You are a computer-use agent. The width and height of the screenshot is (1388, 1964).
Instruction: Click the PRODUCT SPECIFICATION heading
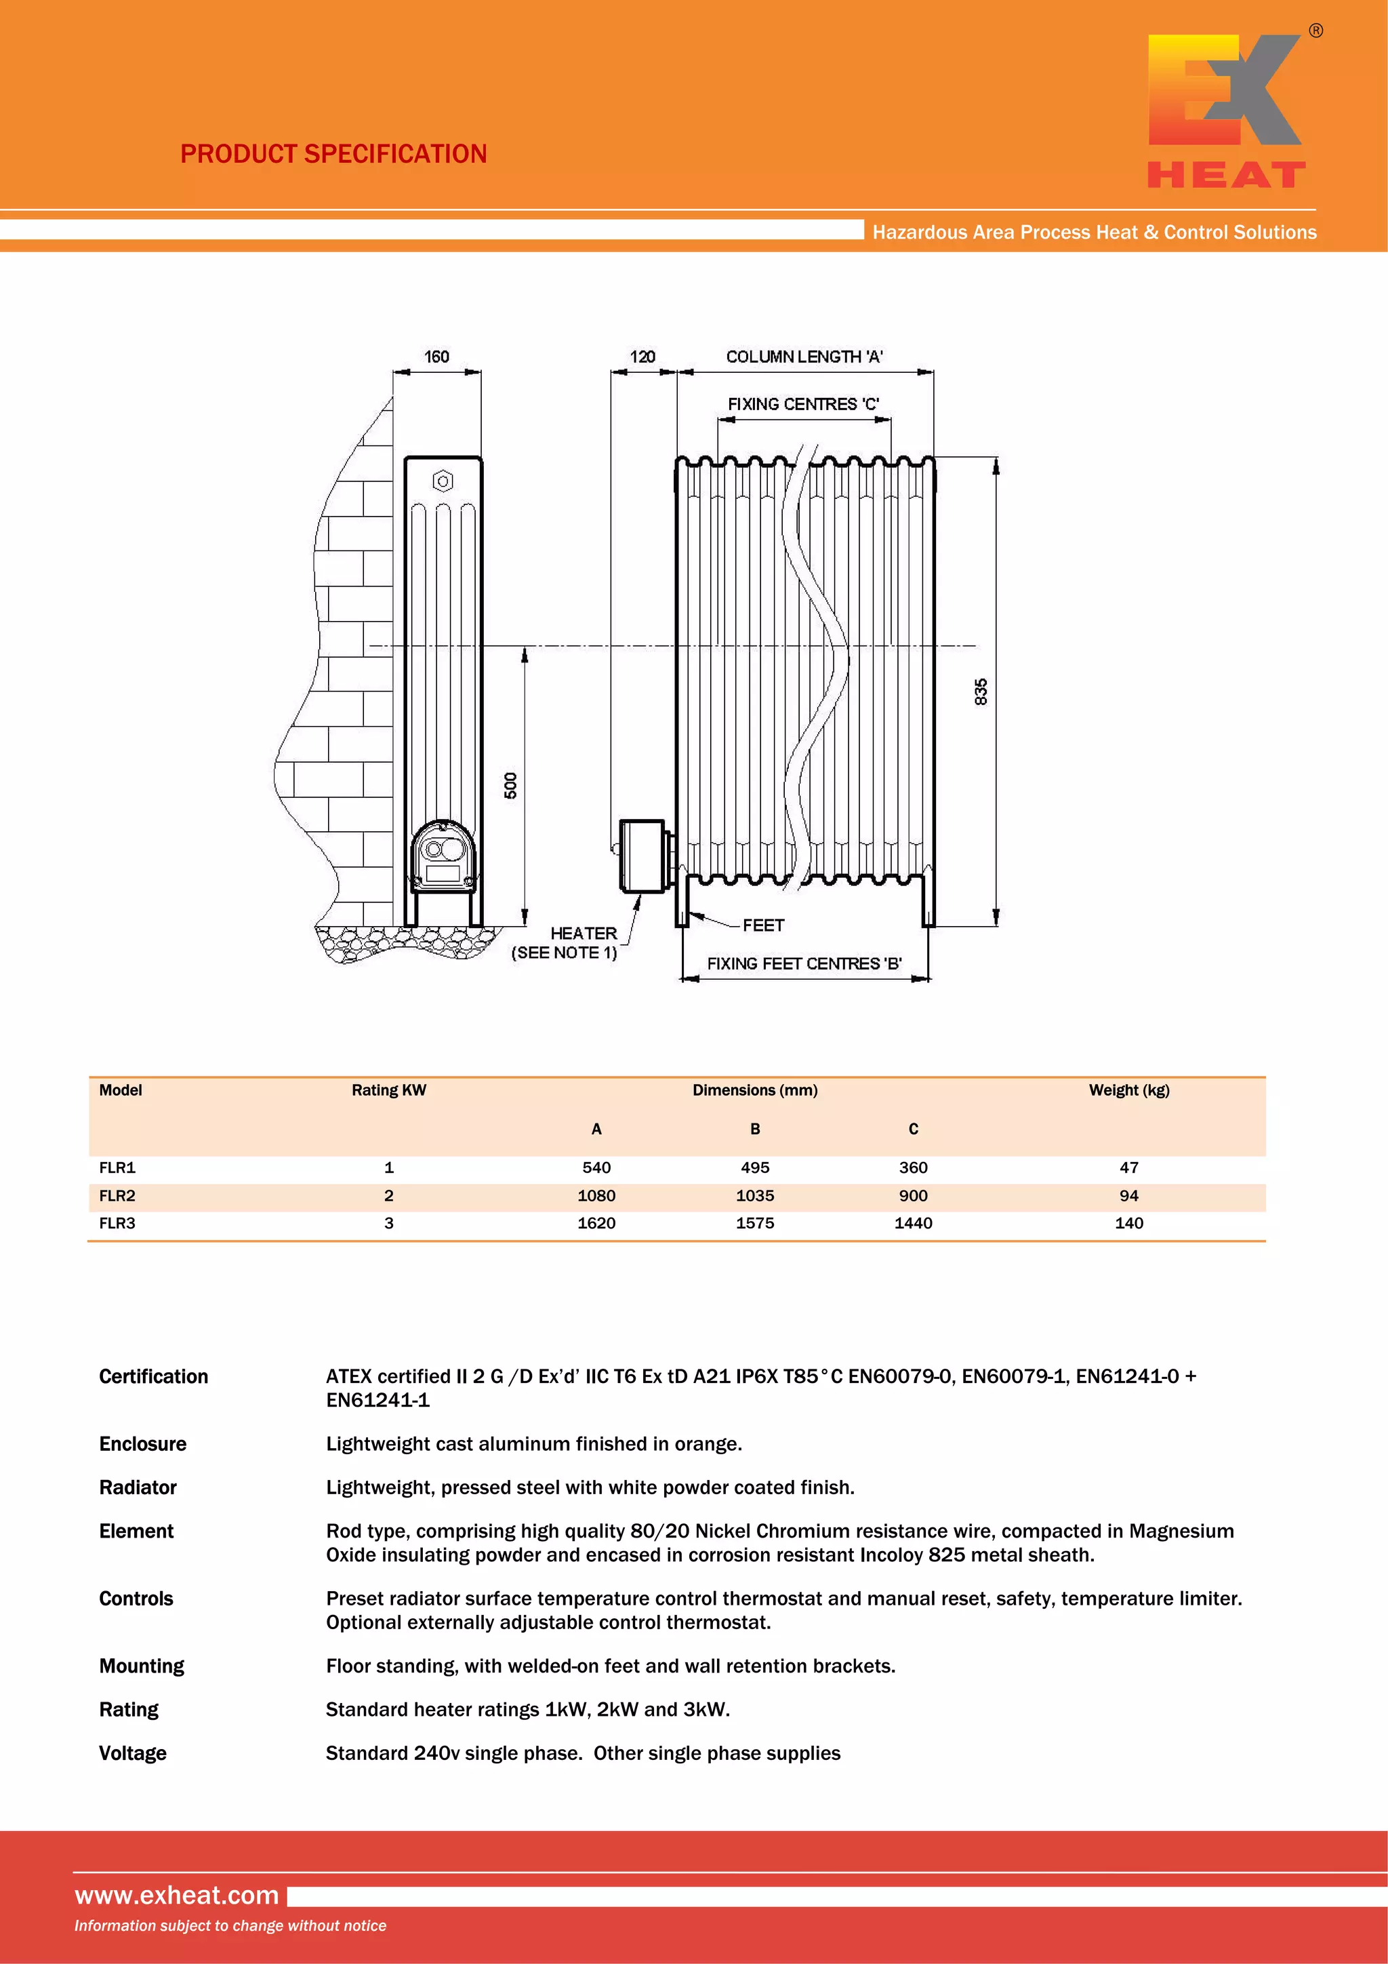[333, 154]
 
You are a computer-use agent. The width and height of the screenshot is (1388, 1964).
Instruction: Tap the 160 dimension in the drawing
[436, 357]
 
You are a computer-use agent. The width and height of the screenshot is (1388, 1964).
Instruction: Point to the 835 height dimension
[981, 692]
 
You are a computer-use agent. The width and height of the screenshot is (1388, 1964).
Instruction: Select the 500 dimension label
[510, 785]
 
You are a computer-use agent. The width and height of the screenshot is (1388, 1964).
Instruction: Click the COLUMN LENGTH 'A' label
[804, 357]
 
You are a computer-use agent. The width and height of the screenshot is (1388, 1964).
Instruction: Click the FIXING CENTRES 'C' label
[803, 404]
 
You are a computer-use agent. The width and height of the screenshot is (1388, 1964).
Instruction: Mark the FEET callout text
[763, 925]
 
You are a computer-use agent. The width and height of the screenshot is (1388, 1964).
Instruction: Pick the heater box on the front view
[641, 856]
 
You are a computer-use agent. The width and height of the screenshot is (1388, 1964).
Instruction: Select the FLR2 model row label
[117, 1196]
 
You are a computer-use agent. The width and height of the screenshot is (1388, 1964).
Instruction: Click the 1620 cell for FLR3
[596, 1223]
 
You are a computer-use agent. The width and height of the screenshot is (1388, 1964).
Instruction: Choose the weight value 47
[1129, 1167]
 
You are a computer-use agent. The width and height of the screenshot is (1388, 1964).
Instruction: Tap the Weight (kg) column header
[1129, 1089]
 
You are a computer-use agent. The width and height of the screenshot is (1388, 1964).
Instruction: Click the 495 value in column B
[754, 1167]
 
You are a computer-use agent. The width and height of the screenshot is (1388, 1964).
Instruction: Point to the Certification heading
[154, 1376]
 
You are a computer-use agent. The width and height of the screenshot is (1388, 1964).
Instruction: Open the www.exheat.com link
[177, 1895]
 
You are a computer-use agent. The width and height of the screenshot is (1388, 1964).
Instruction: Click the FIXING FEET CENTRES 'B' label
[804, 963]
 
